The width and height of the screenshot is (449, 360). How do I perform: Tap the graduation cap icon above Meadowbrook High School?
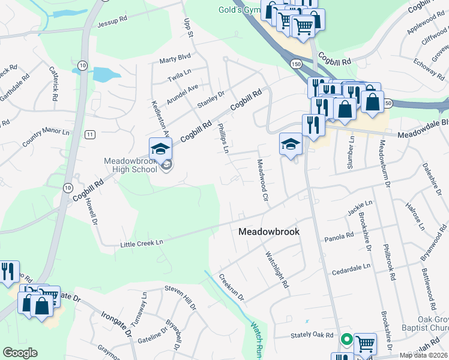point(160,149)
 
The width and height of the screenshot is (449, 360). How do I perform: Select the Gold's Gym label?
point(239,10)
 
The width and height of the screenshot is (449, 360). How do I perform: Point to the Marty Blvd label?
point(175,59)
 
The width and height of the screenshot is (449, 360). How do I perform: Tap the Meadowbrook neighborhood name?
point(269,232)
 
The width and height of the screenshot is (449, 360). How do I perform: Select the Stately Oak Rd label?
point(312,335)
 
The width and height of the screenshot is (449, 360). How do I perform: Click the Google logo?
point(20,353)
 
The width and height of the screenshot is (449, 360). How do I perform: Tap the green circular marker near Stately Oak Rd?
point(346,340)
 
